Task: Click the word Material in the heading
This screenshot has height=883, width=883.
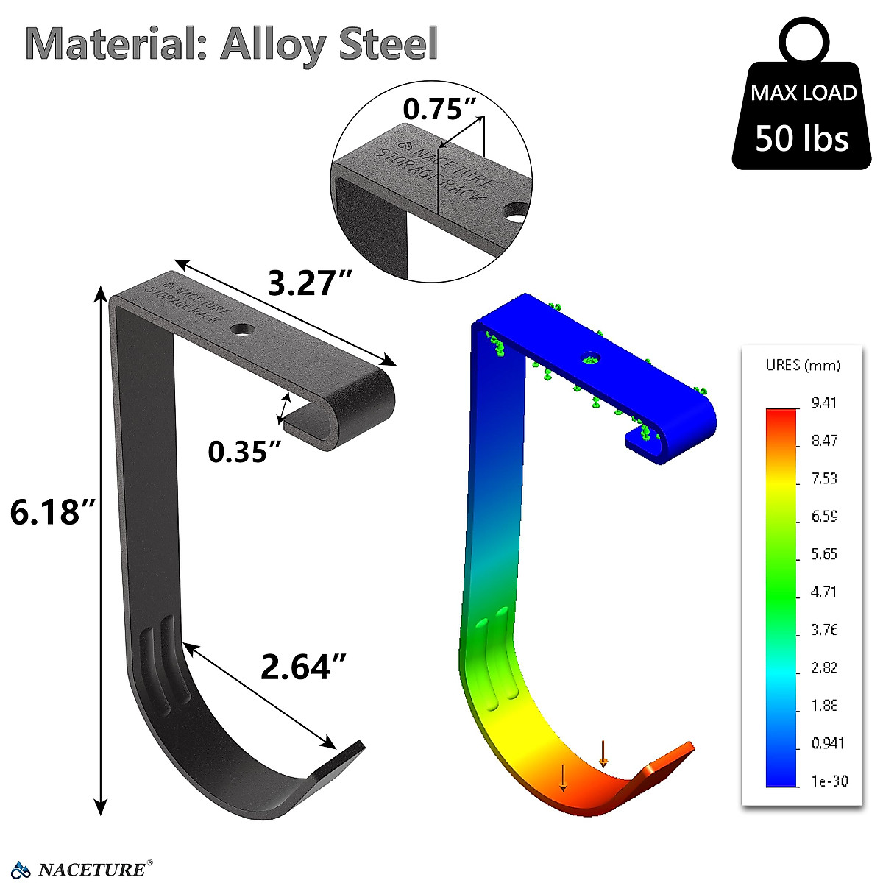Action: pos(116,44)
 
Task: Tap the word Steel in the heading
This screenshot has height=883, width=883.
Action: pos(388,43)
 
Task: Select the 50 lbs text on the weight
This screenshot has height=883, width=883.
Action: pos(801,138)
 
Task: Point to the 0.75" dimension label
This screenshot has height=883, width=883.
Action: pos(439,109)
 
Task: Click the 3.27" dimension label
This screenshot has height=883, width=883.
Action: pos(310,283)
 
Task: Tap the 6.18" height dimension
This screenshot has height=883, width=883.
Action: pos(52,511)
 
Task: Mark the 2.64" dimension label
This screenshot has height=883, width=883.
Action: pos(303,667)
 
